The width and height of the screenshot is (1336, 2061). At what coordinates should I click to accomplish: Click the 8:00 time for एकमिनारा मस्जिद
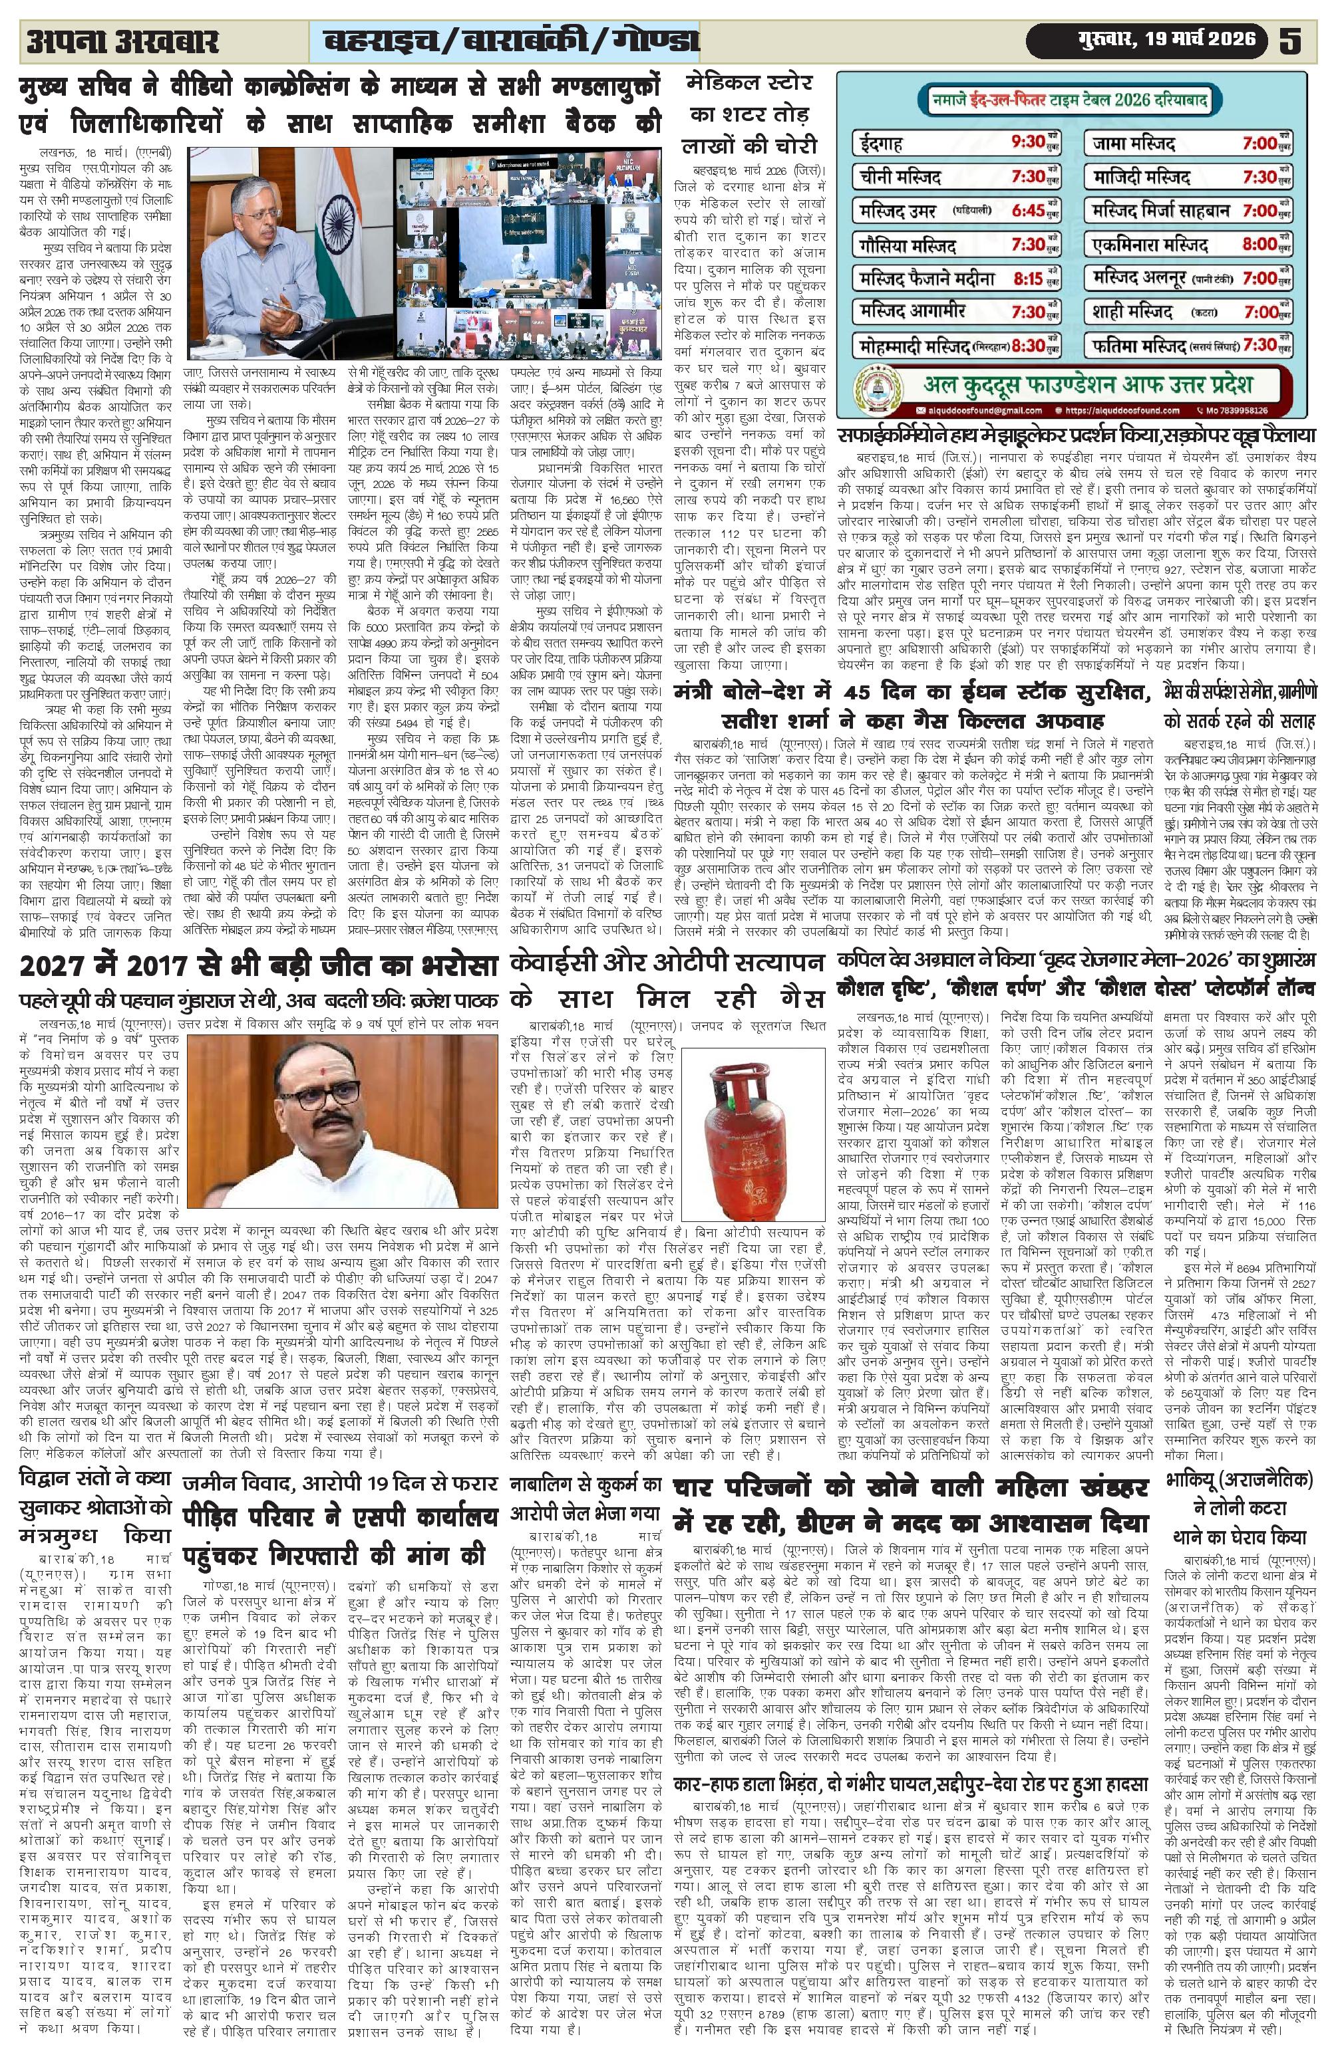1258,244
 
